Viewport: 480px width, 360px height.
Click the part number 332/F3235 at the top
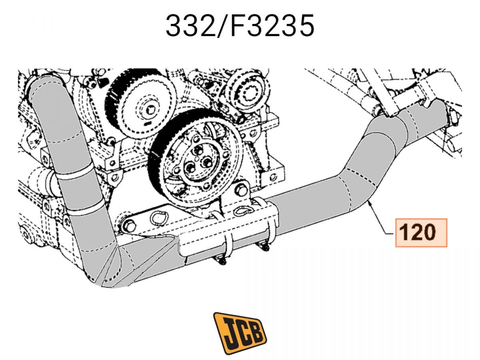click(x=240, y=26)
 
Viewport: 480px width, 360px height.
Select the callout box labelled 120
click(x=421, y=232)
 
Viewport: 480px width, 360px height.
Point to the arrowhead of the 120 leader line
click(x=370, y=202)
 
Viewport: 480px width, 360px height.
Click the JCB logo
click(x=240, y=330)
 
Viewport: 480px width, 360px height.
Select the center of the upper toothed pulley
click(x=150, y=110)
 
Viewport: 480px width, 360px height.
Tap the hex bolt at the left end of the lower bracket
click(x=129, y=226)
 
